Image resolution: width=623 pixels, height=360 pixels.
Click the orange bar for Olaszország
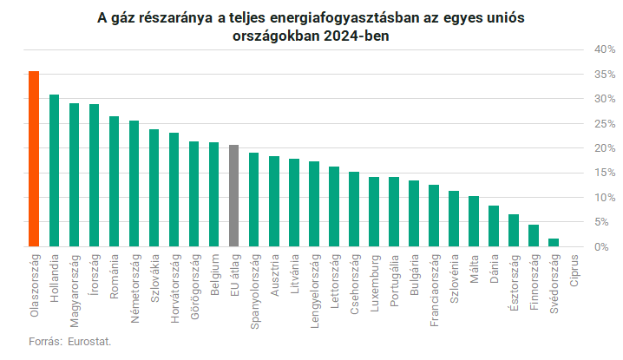[x=34, y=159]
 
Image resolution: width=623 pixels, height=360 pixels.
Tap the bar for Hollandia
[x=54, y=171]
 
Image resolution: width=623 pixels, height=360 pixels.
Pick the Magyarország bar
[x=74, y=175]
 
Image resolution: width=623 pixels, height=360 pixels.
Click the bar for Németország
[x=134, y=184]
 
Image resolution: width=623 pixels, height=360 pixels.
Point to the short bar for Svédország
[x=554, y=243]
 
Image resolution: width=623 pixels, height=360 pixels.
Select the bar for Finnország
[x=534, y=236]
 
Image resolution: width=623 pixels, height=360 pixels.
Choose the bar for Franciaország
[x=434, y=216]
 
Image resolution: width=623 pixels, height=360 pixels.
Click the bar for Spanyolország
[x=253, y=200]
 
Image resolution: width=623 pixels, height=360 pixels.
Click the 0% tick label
[x=607, y=247]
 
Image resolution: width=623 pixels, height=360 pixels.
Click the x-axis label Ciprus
[x=574, y=271]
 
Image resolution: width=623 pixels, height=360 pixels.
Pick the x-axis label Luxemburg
[x=374, y=278]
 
